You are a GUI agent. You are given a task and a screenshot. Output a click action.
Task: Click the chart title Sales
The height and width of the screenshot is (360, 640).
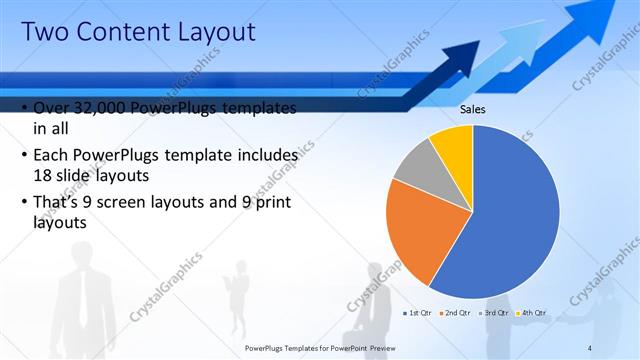pos(472,109)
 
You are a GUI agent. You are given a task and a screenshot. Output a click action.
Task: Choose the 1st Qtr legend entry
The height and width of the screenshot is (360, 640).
pos(417,313)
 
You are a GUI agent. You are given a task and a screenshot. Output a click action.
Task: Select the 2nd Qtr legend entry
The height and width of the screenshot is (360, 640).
pos(456,313)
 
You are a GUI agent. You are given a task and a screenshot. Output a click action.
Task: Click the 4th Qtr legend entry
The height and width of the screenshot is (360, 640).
pos(532,313)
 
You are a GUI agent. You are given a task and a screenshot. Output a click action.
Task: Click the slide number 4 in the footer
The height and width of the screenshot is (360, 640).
pos(589,347)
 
